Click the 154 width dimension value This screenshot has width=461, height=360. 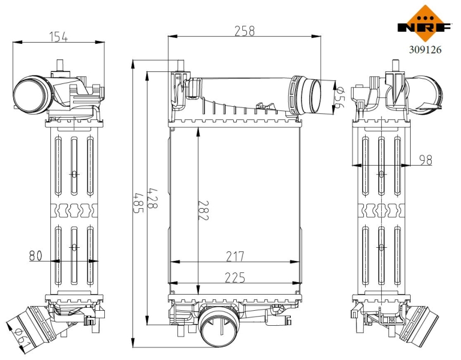[59, 37]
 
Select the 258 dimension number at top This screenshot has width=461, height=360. [245, 31]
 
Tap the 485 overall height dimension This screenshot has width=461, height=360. [138, 203]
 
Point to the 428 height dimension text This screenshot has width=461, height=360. [152, 199]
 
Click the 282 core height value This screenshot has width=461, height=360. [203, 211]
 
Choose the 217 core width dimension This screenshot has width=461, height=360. [235, 256]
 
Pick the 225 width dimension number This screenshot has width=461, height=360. [235, 277]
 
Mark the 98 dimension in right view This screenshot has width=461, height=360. [426, 160]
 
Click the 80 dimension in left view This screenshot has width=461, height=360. [35, 256]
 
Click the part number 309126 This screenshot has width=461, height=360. [425, 50]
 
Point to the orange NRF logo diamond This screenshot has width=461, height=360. [425, 23]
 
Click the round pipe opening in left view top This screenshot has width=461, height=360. [30, 94]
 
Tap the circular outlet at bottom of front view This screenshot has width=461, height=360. [218, 326]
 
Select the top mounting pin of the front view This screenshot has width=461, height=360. [180, 65]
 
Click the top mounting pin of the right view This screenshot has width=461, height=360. [396, 65]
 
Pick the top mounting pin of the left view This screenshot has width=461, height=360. [60, 65]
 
